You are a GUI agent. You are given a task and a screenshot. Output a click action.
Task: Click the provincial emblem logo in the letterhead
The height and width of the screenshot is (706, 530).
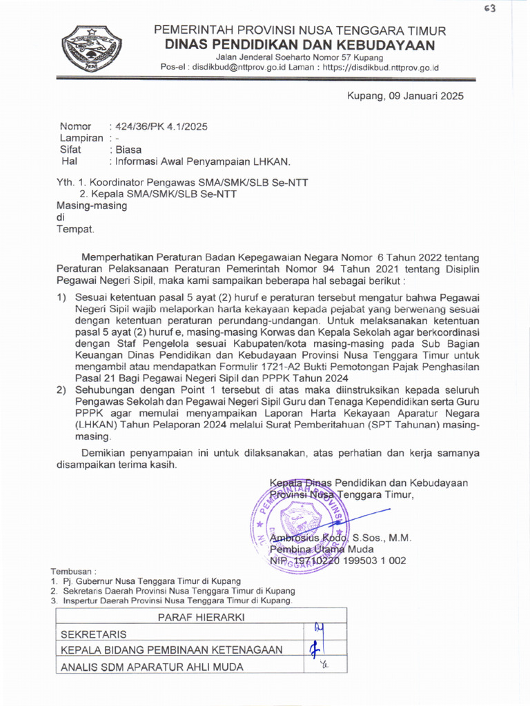pyautogui.click(x=92, y=49)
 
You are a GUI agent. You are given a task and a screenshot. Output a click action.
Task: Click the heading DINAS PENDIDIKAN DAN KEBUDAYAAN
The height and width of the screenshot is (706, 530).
pyautogui.click(x=300, y=46)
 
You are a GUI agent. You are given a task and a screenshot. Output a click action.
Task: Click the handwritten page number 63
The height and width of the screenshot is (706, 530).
pyautogui.click(x=491, y=8)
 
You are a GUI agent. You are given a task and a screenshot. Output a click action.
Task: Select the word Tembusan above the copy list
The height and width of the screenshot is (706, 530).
pyautogui.click(x=72, y=572)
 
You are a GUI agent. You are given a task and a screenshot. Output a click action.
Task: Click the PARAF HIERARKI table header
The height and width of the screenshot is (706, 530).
pyautogui.click(x=202, y=617)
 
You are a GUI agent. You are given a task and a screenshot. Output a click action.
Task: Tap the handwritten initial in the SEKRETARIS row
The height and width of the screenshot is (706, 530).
pyautogui.click(x=318, y=629)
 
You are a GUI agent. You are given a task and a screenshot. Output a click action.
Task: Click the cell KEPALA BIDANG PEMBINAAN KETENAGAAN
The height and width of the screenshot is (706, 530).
pyautogui.click(x=172, y=649)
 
